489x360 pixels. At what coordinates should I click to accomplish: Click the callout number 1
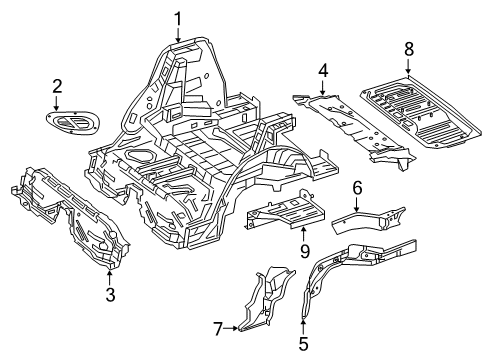[x=178, y=19]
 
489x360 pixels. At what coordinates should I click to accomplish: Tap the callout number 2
[x=57, y=86]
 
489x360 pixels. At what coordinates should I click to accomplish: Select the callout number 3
[x=110, y=294]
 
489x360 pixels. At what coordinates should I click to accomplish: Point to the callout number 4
[x=323, y=71]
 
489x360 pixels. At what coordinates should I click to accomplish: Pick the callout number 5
[x=303, y=344]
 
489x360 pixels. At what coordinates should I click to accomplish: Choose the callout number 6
[x=357, y=188]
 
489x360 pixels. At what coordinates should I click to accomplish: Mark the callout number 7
[x=218, y=329]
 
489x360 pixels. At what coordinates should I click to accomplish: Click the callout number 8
[x=409, y=49]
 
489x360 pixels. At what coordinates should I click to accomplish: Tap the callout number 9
[x=305, y=251]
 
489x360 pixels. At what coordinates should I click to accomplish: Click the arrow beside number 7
[x=230, y=329]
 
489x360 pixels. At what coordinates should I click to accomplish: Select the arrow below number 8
[x=408, y=66]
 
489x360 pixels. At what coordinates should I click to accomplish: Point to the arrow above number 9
[x=303, y=234]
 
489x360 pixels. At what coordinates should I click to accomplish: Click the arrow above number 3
[x=110, y=278]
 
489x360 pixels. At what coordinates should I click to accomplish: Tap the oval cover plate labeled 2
[x=73, y=123]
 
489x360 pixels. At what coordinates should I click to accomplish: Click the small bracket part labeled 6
[x=367, y=220]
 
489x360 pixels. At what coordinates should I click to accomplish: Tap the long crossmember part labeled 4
[x=353, y=130]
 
